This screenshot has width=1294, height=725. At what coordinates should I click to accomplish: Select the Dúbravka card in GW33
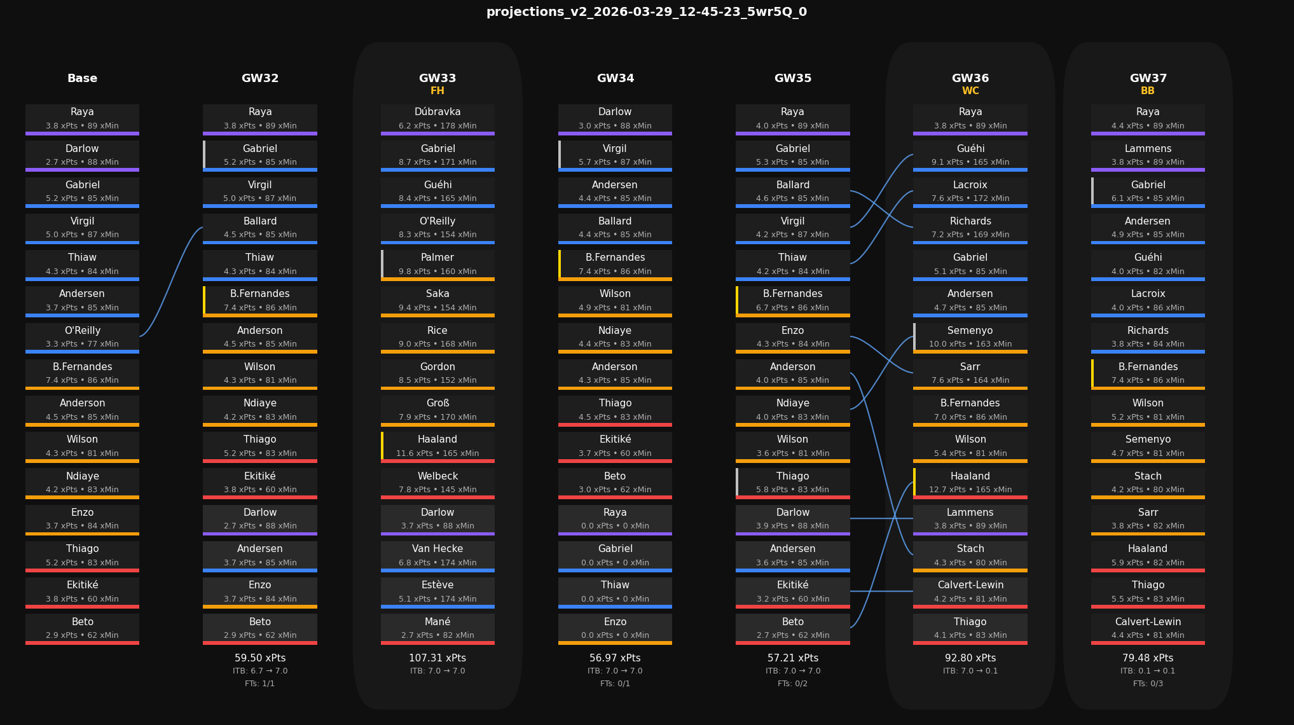(x=437, y=119)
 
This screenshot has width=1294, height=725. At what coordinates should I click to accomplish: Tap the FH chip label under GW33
(x=437, y=91)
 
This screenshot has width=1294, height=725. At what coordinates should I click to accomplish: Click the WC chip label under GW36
(x=970, y=91)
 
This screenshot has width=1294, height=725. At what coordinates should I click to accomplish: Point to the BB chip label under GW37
(x=1147, y=91)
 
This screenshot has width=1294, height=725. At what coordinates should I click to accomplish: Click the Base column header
(x=83, y=78)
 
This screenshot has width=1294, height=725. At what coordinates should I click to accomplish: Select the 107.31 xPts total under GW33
(x=437, y=658)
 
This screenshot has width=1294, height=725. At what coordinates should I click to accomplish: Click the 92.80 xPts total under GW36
(x=970, y=658)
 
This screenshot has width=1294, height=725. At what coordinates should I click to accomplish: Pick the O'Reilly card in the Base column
(x=83, y=337)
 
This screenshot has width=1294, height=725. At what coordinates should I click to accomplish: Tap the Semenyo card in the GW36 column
(x=970, y=337)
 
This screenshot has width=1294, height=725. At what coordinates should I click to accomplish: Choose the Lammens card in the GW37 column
(x=1147, y=155)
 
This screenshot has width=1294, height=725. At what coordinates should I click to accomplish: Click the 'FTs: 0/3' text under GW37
(x=1147, y=684)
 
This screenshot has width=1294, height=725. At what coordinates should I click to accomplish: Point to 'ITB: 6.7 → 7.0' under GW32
(x=260, y=671)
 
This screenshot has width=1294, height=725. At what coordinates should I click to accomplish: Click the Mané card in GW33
(x=437, y=628)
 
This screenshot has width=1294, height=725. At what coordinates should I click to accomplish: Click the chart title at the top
(x=647, y=12)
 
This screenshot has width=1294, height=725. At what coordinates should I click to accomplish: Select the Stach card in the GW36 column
(x=970, y=555)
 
